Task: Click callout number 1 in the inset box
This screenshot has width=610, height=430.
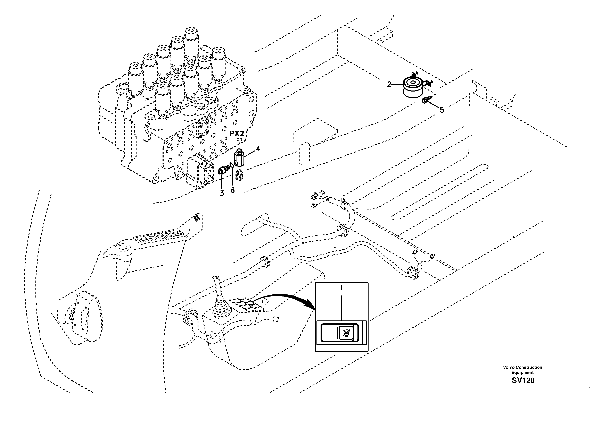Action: (x=341, y=287)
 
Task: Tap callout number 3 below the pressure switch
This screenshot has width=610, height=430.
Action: (x=222, y=193)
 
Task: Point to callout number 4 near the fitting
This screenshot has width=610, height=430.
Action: (x=258, y=148)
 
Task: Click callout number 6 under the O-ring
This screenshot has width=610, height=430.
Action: (x=232, y=190)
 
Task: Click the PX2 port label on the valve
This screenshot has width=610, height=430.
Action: (x=237, y=134)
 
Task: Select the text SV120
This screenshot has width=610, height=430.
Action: (x=523, y=380)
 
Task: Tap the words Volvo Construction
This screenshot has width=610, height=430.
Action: (x=522, y=367)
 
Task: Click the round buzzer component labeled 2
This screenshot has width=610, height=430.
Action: (x=412, y=88)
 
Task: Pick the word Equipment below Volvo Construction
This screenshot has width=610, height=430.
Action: (x=522, y=372)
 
